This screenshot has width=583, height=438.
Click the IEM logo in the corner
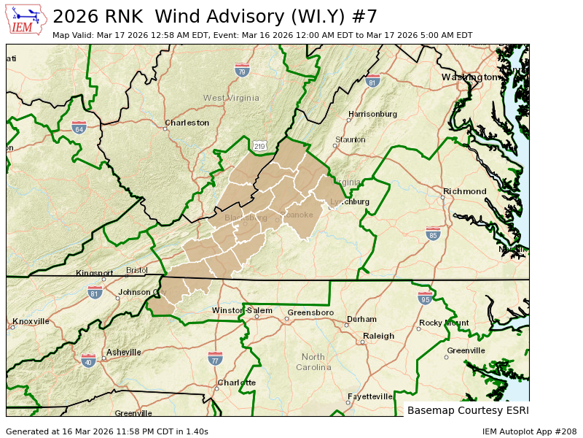(27, 20)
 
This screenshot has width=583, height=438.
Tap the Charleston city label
(187, 123)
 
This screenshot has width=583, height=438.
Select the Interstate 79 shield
(242, 71)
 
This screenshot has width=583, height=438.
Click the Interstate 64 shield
(79, 128)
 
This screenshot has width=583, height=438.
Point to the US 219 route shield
(259, 146)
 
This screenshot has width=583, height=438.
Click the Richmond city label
(464, 191)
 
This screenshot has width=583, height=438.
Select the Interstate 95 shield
(426, 298)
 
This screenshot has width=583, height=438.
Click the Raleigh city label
(378, 336)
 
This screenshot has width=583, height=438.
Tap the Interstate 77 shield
(215, 358)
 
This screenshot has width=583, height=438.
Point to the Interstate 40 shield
(88, 361)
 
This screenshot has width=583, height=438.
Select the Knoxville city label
(31, 321)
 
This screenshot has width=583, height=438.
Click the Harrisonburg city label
(372, 114)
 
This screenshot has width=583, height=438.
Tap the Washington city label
(469, 77)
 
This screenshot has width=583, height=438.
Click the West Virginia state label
(231, 98)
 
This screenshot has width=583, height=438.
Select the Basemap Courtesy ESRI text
(466, 410)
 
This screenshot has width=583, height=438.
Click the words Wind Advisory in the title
(230, 16)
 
